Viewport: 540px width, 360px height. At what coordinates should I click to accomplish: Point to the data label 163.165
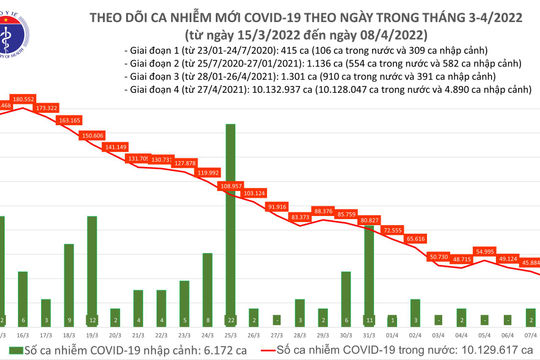click(x=70, y=120)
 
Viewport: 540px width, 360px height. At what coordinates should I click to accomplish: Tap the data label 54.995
click(x=484, y=251)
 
